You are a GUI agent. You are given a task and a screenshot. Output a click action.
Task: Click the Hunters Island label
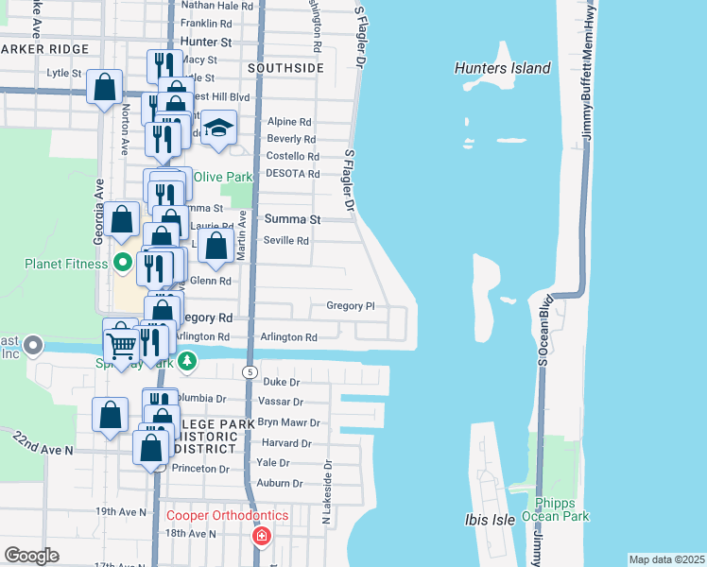[502, 68]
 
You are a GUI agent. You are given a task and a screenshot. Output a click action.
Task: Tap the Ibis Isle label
[489, 520]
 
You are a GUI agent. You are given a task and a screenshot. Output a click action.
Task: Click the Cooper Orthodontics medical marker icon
[260, 536]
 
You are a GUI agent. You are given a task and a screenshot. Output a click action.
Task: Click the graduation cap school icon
[218, 129]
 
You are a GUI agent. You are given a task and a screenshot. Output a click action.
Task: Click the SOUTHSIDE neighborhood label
[285, 68]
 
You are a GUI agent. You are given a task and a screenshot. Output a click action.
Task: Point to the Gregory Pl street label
[351, 306]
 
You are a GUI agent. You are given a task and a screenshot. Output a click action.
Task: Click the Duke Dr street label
[281, 383]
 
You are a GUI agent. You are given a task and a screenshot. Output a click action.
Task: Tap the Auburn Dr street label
[279, 483]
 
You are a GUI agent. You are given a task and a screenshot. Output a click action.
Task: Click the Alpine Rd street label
[289, 122]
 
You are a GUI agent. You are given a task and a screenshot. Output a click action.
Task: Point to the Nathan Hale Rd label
[217, 6]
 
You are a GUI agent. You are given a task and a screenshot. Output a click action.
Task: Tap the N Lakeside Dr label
[328, 491]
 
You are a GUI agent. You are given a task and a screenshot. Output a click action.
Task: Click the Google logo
[31, 556]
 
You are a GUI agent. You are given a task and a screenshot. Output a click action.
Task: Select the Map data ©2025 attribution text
[666, 559]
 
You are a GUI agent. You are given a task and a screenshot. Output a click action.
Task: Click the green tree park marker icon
[188, 360]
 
